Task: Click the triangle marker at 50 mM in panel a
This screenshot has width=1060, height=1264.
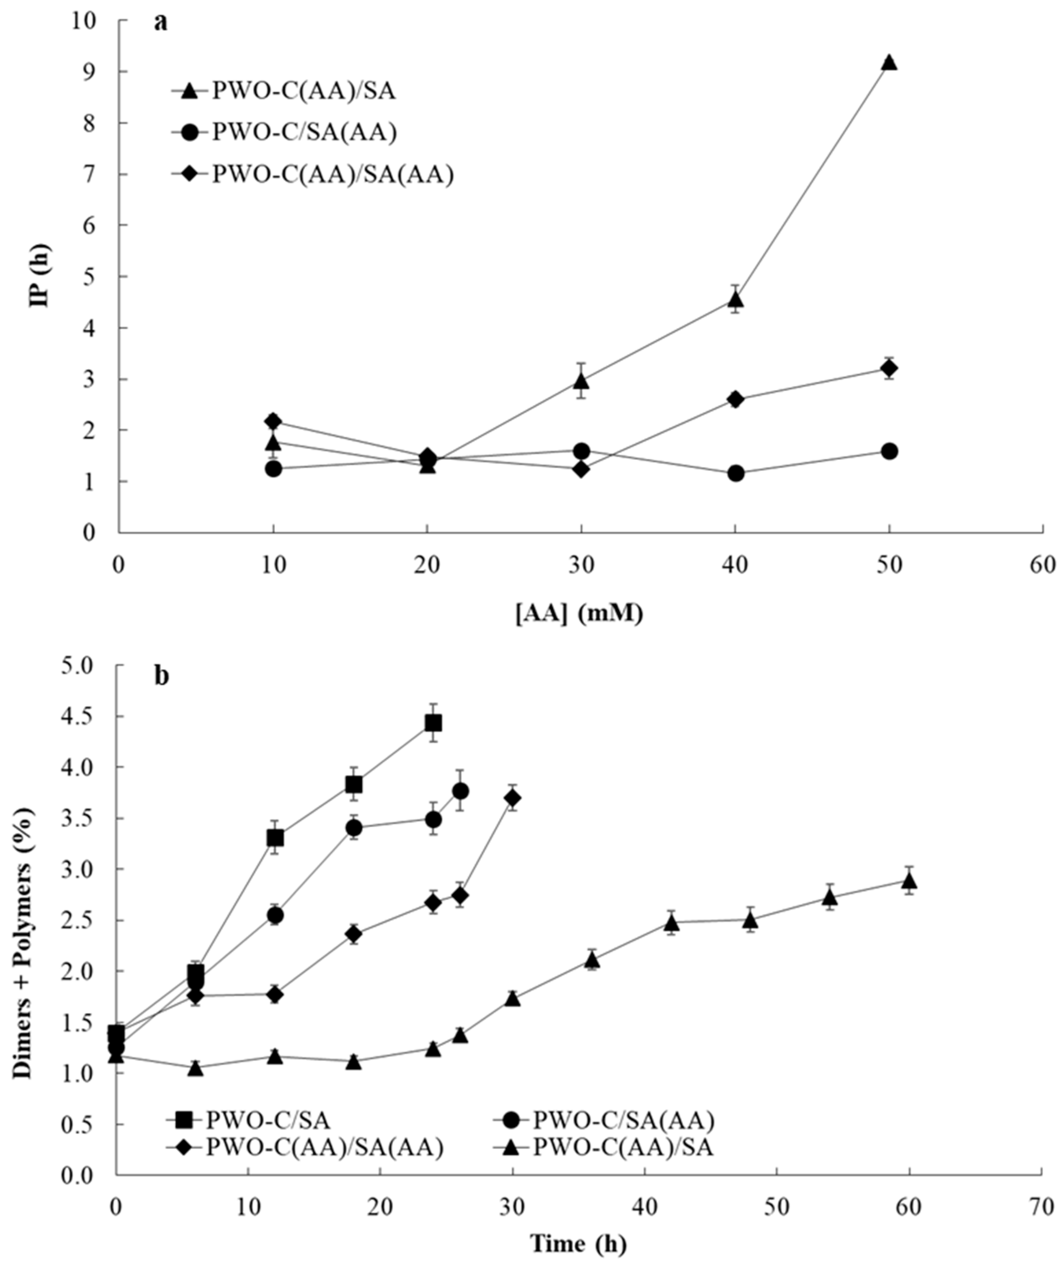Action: coord(889,62)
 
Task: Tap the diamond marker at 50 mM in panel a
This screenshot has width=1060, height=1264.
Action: coord(889,368)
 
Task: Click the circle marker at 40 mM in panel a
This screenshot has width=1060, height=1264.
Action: coord(735,473)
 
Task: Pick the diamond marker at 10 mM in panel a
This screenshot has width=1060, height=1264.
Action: coord(274,421)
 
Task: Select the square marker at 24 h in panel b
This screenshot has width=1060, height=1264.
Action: coord(433,723)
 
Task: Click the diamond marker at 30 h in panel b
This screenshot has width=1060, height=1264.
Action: coord(513,798)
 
